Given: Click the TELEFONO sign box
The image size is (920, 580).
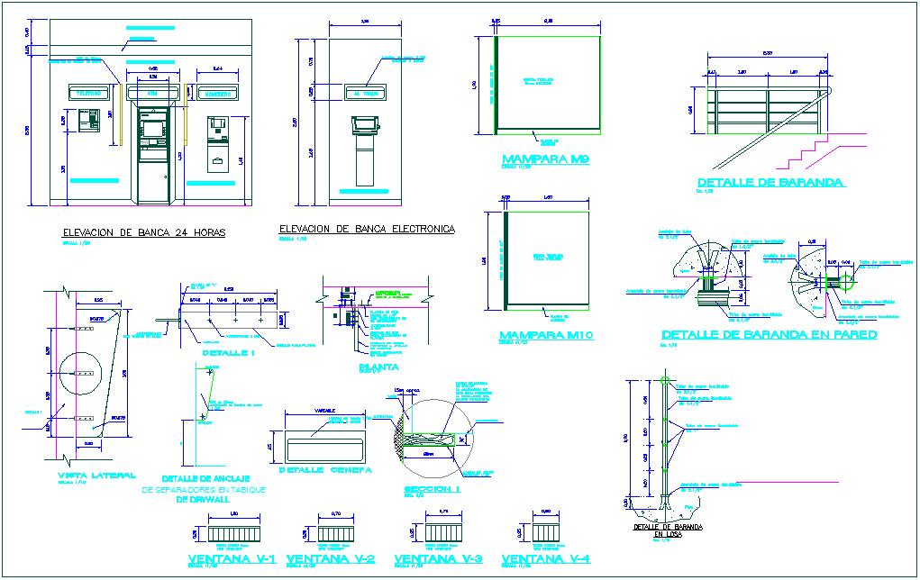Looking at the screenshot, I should pyautogui.click(x=88, y=93).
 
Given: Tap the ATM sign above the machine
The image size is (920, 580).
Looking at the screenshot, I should pyautogui.click(x=151, y=93).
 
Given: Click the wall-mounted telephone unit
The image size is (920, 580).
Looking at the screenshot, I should pyautogui.click(x=88, y=120).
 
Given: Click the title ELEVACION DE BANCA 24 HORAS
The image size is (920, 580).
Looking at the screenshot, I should pyautogui.click(x=143, y=232).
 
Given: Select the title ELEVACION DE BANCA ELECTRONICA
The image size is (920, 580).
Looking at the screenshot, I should pyautogui.click(x=367, y=230).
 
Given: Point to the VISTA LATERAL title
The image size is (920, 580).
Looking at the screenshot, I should pyautogui.click(x=96, y=476).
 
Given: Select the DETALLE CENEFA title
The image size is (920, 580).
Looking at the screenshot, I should pyautogui.click(x=324, y=470).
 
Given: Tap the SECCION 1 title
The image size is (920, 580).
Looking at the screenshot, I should pyautogui.click(x=433, y=488).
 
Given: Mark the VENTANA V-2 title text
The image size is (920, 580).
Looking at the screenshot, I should pyautogui.click(x=330, y=559).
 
